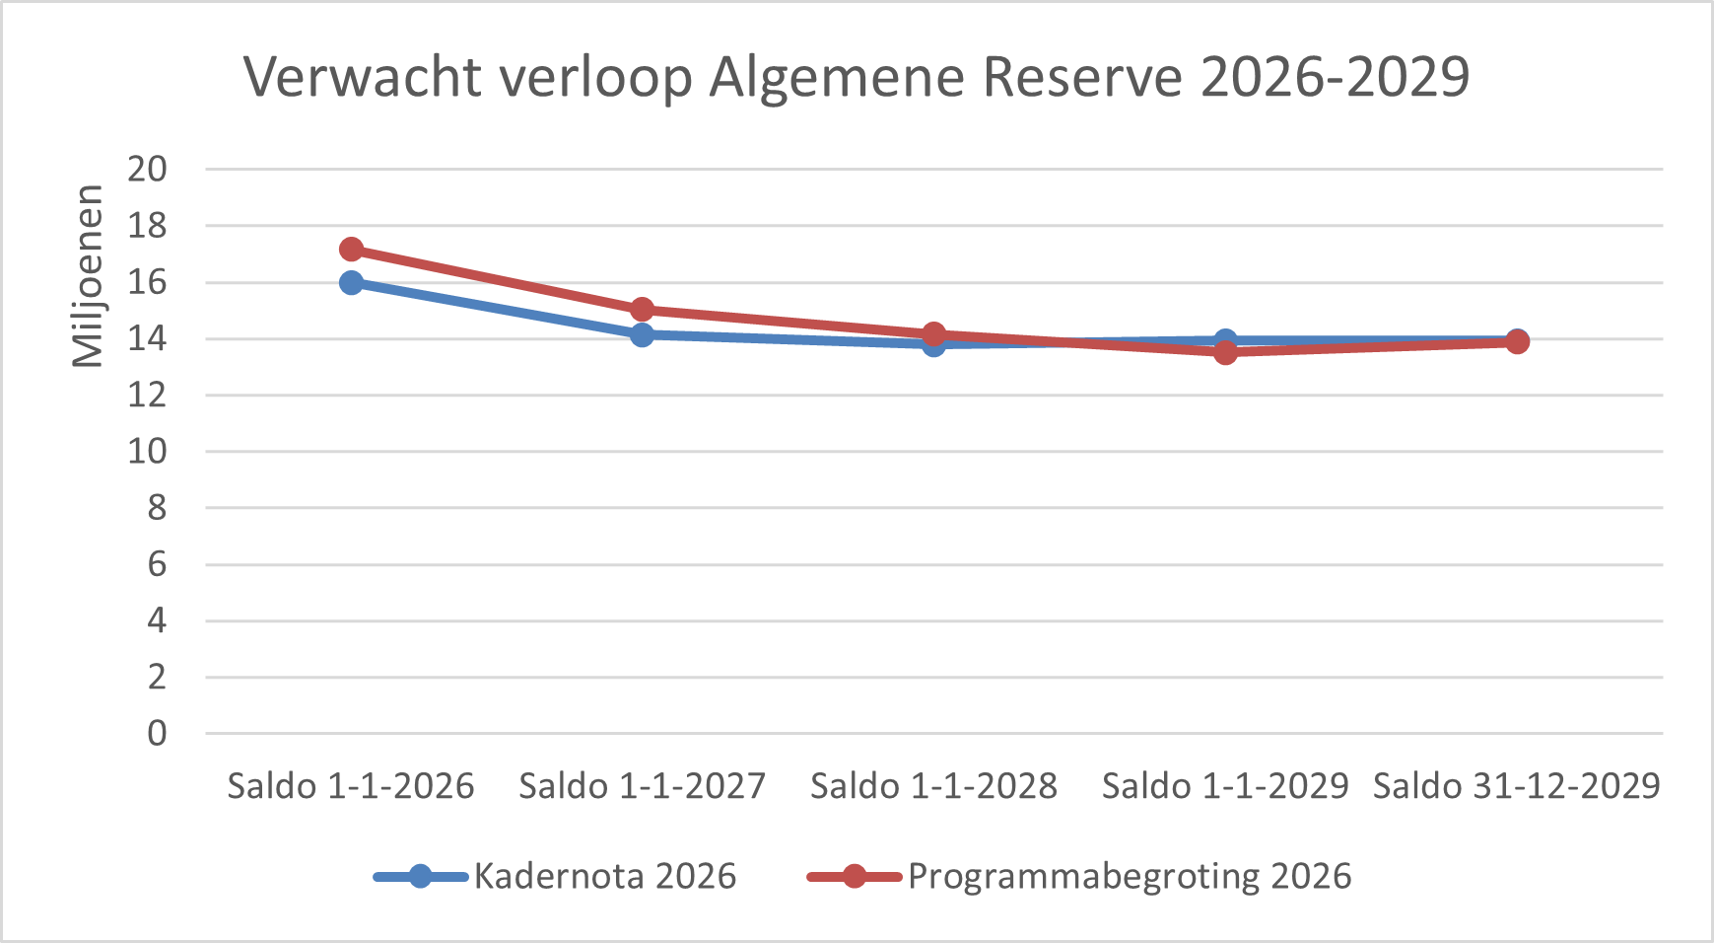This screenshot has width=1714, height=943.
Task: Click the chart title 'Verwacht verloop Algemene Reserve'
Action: pyautogui.click(x=857, y=77)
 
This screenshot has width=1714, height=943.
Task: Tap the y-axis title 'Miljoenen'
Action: pyautogui.click(x=89, y=276)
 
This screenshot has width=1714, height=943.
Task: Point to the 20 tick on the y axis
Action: pyautogui.click(x=147, y=169)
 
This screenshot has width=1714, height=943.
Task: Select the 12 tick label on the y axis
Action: pyautogui.click(x=147, y=396)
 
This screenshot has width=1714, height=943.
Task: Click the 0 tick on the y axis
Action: pyautogui.click(x=157, y=734)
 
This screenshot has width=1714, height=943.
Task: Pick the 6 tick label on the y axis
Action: pyautogui.click(x=157, y=565)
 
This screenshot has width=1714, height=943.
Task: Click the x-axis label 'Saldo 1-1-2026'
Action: pyautogui.click(x=351, y=786)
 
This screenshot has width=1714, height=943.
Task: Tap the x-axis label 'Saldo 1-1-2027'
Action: pyautogui.click(x=643, y=786)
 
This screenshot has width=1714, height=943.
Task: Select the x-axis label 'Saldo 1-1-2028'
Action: pyautogui.click(x=933, y=786)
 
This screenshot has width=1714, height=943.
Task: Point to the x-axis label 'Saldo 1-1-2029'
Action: pyautogui.click(x=1225, y=786)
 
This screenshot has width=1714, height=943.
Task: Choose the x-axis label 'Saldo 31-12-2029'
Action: pyautogui.click(x=1517, y=786)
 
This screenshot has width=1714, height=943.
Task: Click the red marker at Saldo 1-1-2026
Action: pyautogui.click(x=351, y=250)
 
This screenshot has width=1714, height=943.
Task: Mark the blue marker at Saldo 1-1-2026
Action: pyautogui.click(x=351, y=283)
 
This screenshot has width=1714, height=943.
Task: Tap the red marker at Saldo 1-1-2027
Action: pyautogui.click(x=643, y=310)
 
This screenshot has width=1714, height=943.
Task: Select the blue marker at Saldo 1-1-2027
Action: pyautogui.click(x=643, y=335)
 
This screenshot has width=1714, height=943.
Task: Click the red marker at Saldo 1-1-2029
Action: pyautogui.click(x=1225, y=352)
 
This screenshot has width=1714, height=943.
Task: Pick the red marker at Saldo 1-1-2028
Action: pyautogui.click(x=933, y=334)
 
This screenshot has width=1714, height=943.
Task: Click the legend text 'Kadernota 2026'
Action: pyautogui.click(x=605, y=876)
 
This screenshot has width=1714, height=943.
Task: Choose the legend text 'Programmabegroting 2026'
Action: pyautogui.click(x=1130, y=876)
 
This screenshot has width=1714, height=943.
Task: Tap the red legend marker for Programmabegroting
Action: pyautogui.click(x=854, y=876)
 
